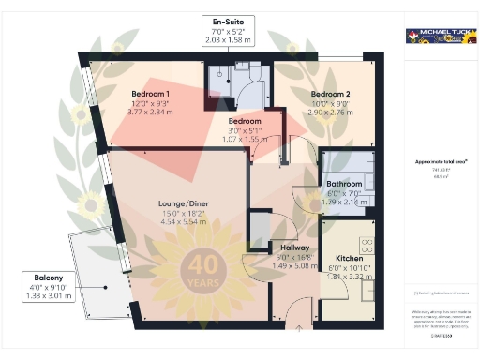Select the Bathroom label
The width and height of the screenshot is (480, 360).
pos(344,184)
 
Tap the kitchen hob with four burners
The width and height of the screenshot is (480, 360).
pos(367,246)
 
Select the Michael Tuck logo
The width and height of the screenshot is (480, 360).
pos(436,36)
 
